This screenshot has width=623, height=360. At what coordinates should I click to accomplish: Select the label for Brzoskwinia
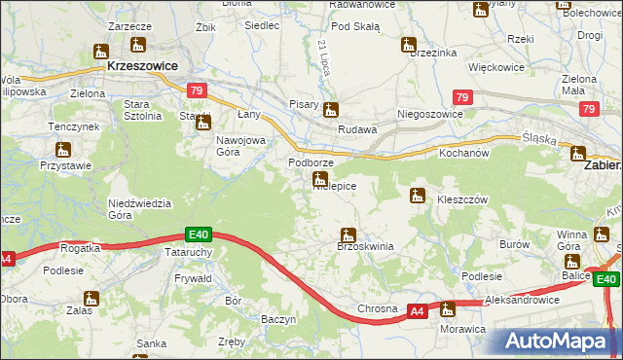[365, 247]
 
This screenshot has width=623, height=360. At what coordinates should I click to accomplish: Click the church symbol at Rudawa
[331, 111]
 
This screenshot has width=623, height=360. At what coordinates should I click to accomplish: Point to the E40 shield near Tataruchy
[199, 234]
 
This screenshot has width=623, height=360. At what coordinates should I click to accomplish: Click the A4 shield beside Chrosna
[417, 310]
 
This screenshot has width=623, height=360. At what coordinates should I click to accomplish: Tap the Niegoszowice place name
[429, 114]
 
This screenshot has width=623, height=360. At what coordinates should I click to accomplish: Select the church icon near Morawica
[448, 309]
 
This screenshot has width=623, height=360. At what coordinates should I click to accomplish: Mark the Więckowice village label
[497, 68]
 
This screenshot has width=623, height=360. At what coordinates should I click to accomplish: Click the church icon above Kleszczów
[418, 196]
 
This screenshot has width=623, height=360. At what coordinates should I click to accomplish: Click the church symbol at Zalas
[92, 300]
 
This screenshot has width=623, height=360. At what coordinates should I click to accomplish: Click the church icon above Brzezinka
[409, 45]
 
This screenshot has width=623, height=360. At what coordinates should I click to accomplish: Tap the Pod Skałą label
[355, 26]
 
